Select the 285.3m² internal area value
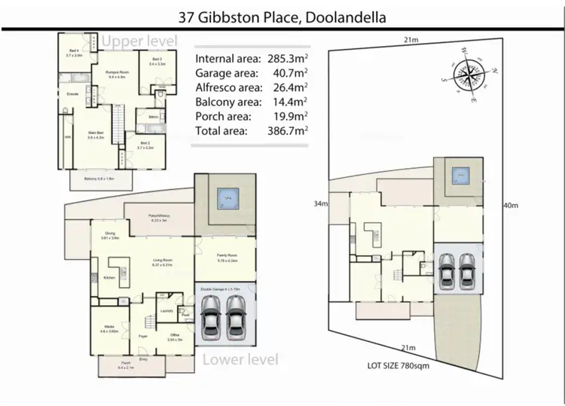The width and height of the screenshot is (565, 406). click(x=286, y=58)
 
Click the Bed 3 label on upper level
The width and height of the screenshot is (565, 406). click(x=156, y=61)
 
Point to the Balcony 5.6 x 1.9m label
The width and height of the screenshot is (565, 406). click(x=99, y=179)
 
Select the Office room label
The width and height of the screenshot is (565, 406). click(x=174, y=337)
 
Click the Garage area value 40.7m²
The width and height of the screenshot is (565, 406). click(x=290, y=72)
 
